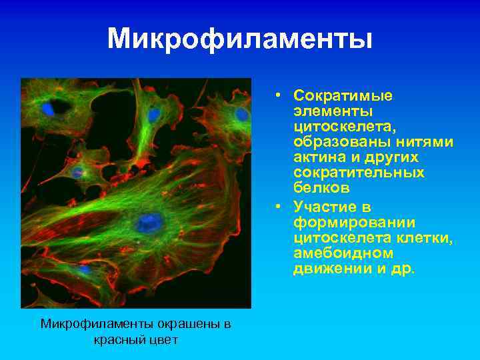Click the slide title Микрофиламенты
240,39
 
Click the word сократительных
359,172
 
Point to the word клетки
425,238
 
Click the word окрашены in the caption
191,325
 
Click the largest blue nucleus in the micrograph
150,222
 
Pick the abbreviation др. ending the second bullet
405,269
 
